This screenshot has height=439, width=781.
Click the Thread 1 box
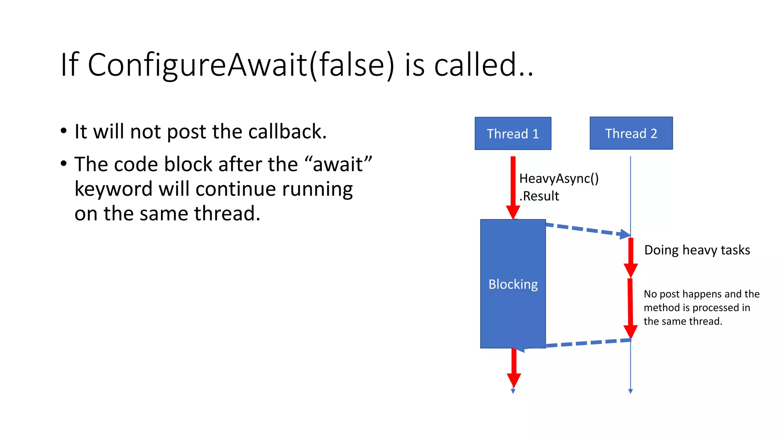513,133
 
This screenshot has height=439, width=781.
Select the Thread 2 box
631,133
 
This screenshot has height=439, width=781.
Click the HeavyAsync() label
559,178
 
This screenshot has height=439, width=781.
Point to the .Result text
539,196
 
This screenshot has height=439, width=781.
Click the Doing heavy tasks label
697,250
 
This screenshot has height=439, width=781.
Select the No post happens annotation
701,307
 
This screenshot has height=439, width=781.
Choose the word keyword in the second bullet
113,189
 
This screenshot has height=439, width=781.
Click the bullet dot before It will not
64,131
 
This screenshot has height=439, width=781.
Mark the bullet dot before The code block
64,164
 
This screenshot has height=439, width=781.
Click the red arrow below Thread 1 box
513,187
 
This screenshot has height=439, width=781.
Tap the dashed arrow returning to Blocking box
580,343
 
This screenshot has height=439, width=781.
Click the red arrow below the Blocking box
514,368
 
